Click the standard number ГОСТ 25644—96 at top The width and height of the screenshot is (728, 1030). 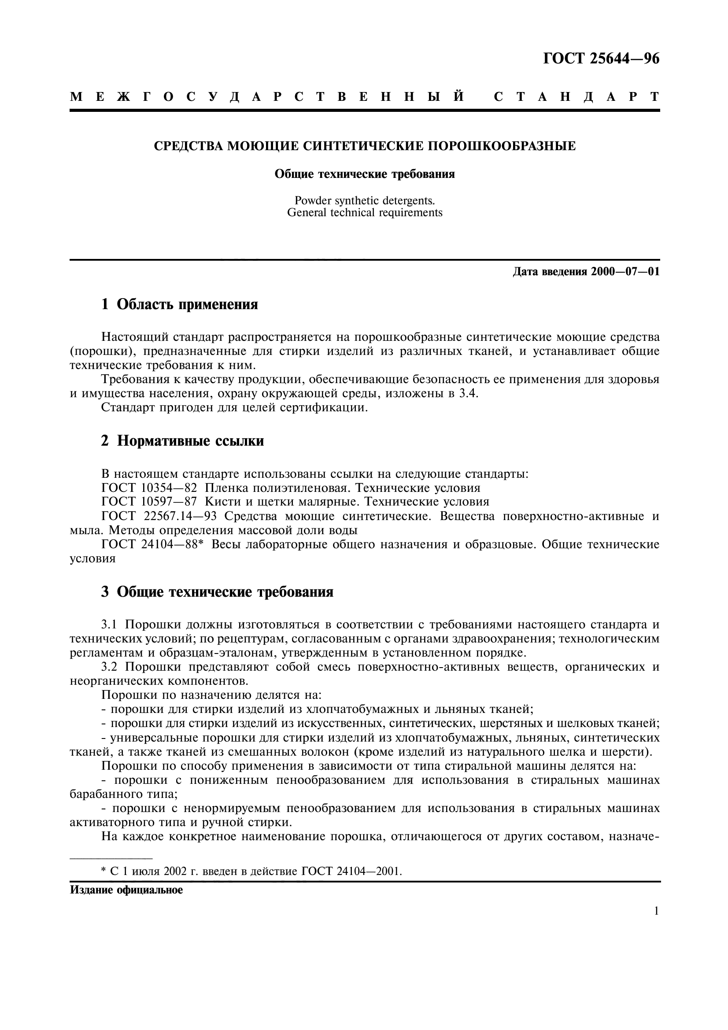click(601, 59)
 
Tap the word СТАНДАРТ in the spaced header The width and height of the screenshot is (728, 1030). click(576, 97)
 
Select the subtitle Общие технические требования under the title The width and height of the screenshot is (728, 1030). click(364, 174)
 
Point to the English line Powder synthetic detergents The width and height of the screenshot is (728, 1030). click(364, 200)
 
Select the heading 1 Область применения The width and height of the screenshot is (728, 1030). click(179, 305)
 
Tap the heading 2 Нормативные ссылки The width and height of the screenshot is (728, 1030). click(182, 441)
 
